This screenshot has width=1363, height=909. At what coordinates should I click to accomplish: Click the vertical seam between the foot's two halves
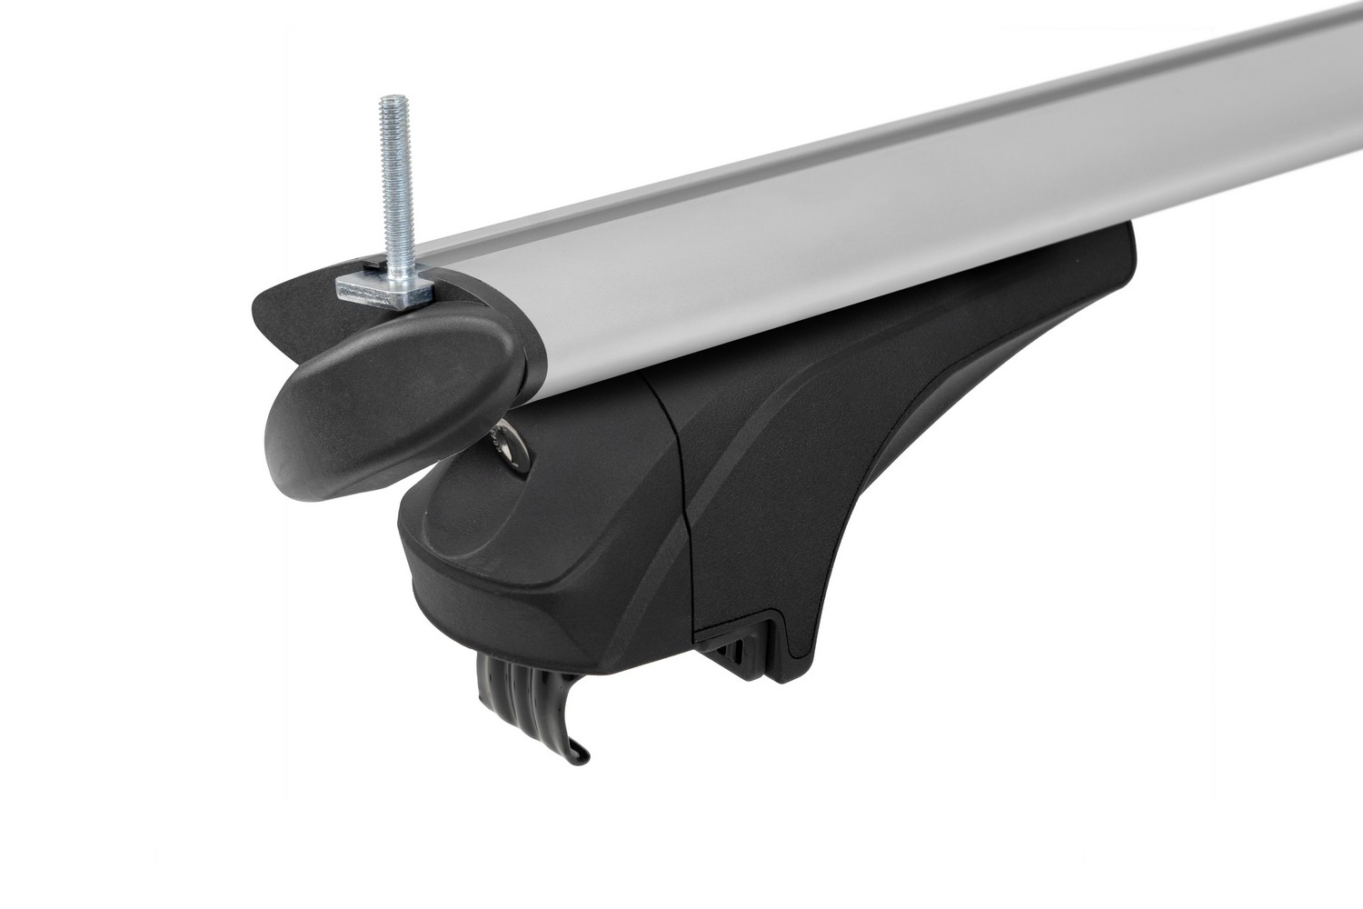pyautogui.click(x=677, y=509)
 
